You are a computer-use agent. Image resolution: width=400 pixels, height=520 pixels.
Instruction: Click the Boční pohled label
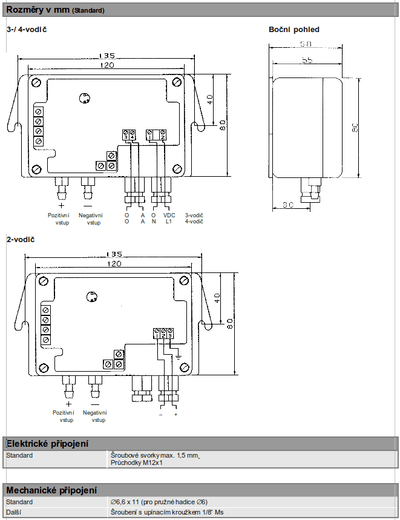coord(293,29)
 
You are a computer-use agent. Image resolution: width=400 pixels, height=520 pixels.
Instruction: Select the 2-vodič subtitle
coord(20,240)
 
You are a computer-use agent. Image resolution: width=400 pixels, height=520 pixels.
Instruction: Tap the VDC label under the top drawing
coord(169,215)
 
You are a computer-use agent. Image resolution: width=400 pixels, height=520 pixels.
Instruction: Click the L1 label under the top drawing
coord(169,222)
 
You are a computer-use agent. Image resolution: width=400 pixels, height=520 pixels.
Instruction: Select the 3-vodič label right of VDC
coord(194,215)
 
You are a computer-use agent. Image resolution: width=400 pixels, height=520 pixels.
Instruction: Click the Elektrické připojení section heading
coord(47,444)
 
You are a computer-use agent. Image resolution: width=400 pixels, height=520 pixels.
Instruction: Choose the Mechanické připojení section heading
coord(51,490)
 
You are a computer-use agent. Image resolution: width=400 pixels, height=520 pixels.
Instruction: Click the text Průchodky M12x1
coord(137,463)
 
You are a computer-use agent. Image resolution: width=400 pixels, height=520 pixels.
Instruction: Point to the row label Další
coord(15,512)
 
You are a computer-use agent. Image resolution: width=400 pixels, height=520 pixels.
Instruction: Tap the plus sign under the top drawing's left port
coord(61,205)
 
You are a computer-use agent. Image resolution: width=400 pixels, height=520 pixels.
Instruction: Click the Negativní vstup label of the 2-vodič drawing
coord(95,416)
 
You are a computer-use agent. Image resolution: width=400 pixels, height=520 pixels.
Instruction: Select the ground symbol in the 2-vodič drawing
coord(179,357)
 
